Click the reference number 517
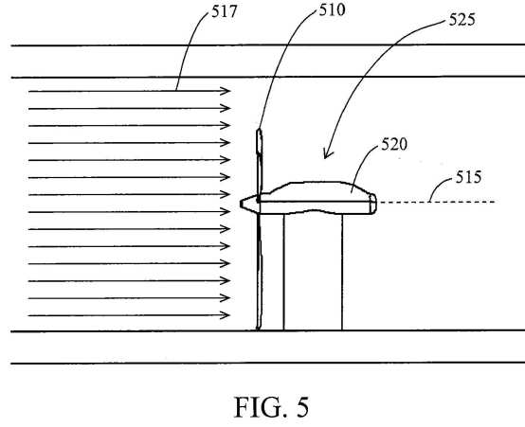point(225,12)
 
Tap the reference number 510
point(332,10)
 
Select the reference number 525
point(462,19)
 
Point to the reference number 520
point(394,145)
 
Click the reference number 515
point(469,177)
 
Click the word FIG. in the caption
point(261,407)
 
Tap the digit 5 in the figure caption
point(302,407)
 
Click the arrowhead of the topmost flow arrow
point(226,91)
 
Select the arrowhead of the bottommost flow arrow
point(225,315)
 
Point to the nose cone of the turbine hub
point(248,204)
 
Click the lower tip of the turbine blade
point(258,329)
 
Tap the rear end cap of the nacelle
point(373,204)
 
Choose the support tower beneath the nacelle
point(313,272)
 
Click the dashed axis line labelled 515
point(436,202)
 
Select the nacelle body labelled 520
point(317,198)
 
